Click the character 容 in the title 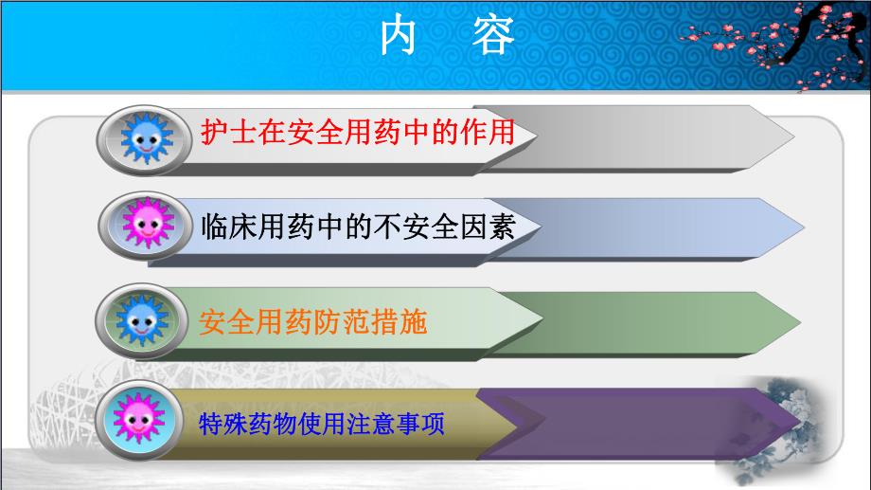[x=493, y=37]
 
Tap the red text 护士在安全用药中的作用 [x=358, y=132]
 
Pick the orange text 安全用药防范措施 [x=313, y=322]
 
